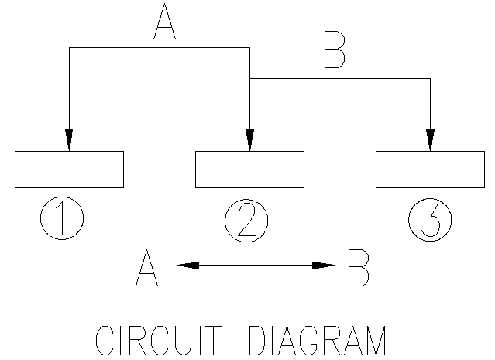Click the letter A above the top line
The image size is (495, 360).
tap(164, 22)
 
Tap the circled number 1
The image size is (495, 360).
tap(62, 220)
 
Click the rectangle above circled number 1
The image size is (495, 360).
tap(69, 170)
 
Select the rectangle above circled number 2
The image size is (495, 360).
tap(249, 170)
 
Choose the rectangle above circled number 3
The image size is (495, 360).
tap(430, 170)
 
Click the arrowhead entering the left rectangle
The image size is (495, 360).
tap(69, 140)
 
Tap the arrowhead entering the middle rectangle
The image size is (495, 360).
tap(249, 140)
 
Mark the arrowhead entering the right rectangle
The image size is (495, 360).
tap(430, 140)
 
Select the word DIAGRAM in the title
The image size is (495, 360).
tap(318, 341)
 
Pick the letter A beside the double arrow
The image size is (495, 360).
tap(146, 268)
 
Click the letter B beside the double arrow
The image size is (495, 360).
tap(358, 268)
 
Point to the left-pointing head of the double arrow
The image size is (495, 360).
tap(187, 266)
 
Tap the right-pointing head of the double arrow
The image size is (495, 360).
tap(324, 266)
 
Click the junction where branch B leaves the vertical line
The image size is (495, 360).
tap(249, 78)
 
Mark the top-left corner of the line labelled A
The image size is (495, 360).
tap(69, 47)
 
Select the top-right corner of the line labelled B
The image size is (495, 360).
tap(430, 78)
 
